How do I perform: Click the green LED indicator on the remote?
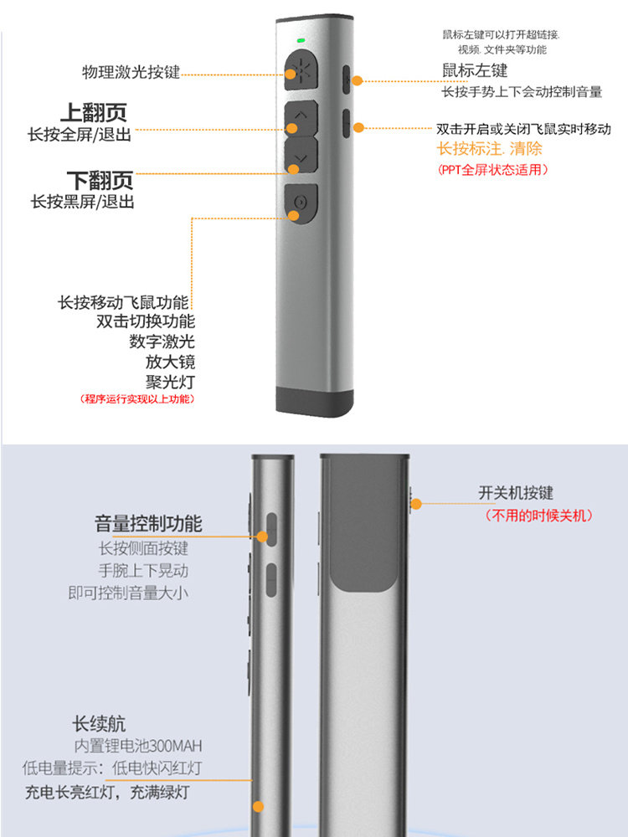(x=301, y=40)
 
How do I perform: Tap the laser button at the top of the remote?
(x=301, y=70)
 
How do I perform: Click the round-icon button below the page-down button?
(x=301, y=203)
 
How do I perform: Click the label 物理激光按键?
(x=131, y=72)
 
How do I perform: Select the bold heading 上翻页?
(x=94, y=113)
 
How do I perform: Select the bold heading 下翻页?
(x=100, y=181)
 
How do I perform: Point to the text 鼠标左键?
(x=475, y=70)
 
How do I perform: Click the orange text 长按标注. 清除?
(x=490, y=148)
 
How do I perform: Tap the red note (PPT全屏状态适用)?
(x=492, y=170)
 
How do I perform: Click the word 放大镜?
(x=170, y=362)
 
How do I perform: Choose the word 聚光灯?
(x=170, y=383)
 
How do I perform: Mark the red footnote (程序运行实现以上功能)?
(x=136, y=398)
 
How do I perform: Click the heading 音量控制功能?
(x=148, y=524)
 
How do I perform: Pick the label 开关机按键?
(x=515, y=493)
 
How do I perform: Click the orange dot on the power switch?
(x=416, y=504)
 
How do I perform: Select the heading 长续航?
(x=99, y=724)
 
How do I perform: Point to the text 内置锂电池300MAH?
(x=138, y=746)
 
